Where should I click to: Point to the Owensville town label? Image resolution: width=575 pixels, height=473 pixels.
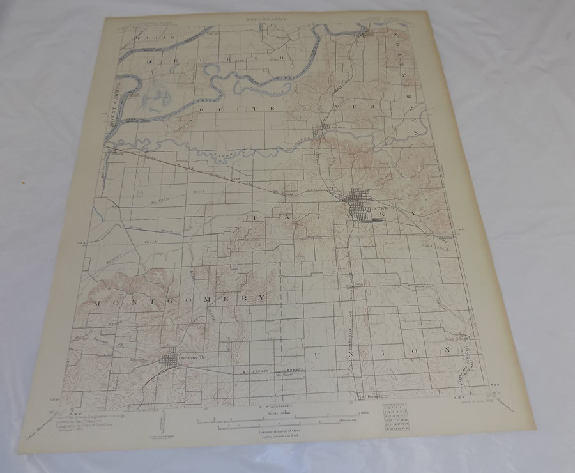pyautogui.click(x=194, y=357)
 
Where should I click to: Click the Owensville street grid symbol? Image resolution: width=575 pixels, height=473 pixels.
pyautogui.click(x=171, y=361)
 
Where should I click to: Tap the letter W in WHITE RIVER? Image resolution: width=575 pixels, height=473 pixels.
pyautogui.click(x=205, y=110)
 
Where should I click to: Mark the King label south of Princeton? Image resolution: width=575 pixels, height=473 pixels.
pyautogui.click(x=358, y=279)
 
